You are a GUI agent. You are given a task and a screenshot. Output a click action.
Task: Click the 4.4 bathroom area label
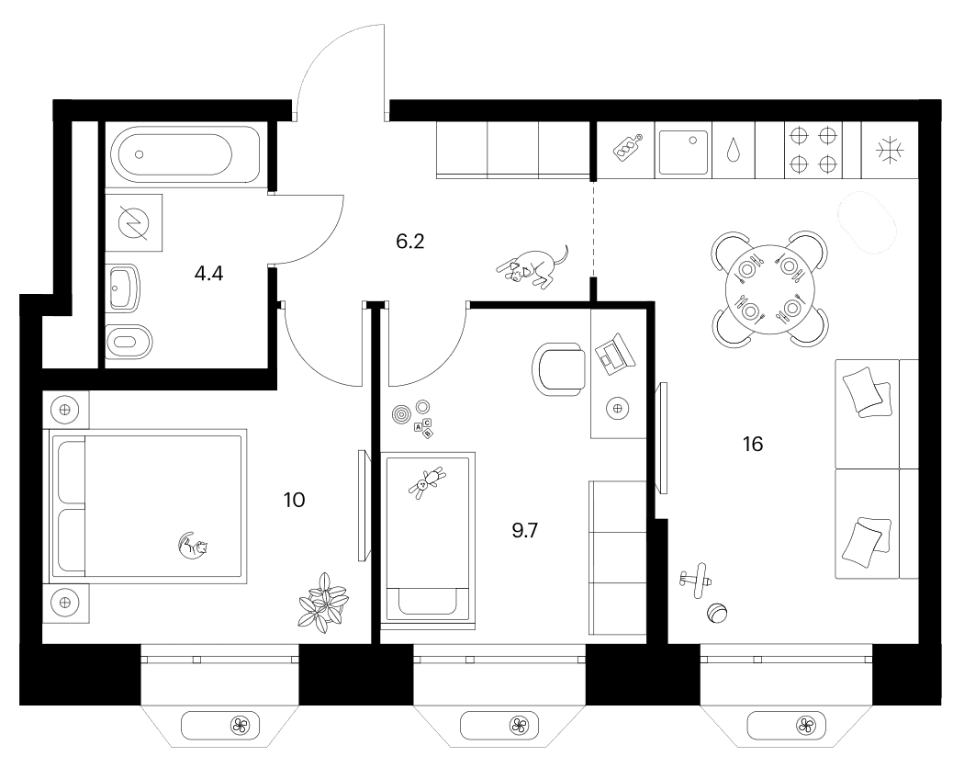208,274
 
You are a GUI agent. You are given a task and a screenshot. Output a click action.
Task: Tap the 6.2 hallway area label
410,242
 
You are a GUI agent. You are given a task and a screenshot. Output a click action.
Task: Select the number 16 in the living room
753,444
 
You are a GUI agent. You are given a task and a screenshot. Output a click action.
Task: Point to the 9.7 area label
525,530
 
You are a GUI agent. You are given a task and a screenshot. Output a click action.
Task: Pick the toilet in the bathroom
128,342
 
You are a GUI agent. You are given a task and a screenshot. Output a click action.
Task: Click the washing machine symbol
134,222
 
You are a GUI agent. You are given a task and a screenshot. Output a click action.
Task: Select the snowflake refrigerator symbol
889,151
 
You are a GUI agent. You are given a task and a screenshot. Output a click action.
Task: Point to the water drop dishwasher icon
733,150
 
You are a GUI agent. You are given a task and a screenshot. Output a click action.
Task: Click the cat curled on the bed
193,546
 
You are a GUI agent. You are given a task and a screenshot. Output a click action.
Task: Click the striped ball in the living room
717,614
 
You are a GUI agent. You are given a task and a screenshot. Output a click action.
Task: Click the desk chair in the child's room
558,368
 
